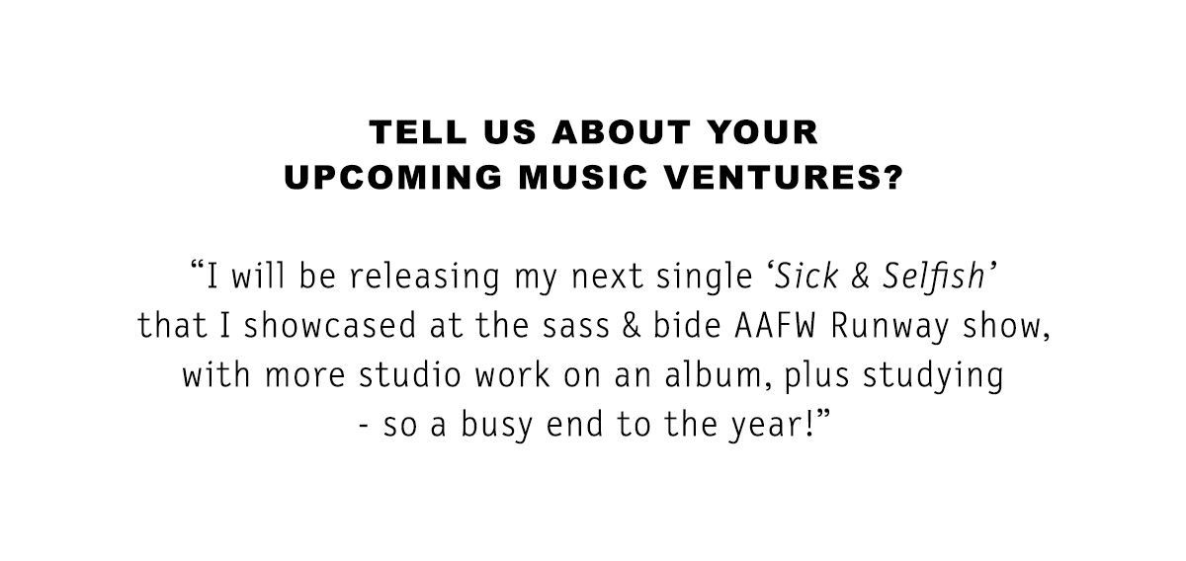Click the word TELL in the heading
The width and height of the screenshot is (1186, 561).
[x=418, y=131]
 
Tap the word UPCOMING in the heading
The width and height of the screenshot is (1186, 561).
[x=393, y=177]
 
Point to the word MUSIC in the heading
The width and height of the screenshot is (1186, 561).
[x=583, y=177]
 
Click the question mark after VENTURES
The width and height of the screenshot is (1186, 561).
[x=892, y=177]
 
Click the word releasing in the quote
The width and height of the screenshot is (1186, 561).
[x=425, y=277]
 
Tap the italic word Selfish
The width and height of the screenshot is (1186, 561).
[x=933, y=276]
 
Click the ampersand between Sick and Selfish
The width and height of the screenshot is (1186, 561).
[x=861, y=277]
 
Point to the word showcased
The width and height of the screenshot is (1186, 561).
[x=330, y=326]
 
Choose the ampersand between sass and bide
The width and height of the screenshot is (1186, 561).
[x=632, y=326]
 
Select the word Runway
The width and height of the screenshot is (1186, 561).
[x=890, y=327]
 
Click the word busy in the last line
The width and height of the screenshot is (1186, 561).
[x=496, y=426]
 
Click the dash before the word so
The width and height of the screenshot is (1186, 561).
[x=364, y=427]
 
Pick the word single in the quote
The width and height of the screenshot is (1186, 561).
[x=704, y=277]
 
